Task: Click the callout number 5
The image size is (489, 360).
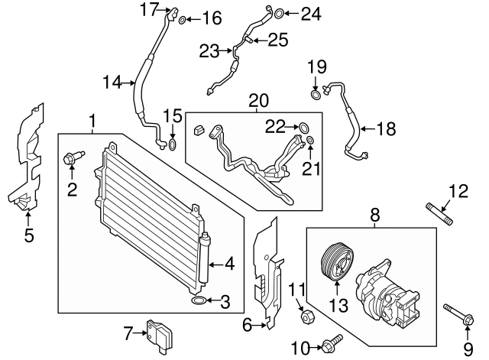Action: click(x=28, y=235)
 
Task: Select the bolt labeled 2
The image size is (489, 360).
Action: click(x=70, y=160)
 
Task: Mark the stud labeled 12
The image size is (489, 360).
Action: click(x=438, y=212)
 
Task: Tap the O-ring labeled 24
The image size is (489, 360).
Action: click(x=280, y=12)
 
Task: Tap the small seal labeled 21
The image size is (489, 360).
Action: click(x=311, y=140)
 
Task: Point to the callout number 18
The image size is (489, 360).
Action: click(x=387, y=129)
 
